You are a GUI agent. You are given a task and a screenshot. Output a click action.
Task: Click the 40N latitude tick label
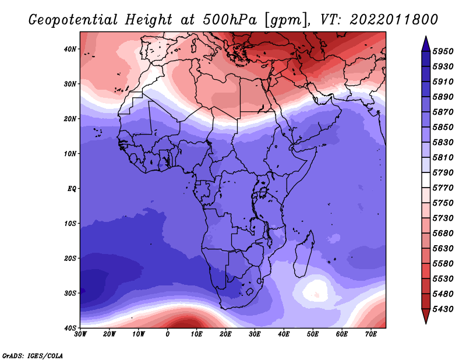[70, 49]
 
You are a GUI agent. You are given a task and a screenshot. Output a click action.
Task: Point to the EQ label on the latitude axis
[72, 189]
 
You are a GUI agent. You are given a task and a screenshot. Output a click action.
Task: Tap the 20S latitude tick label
[70, 258]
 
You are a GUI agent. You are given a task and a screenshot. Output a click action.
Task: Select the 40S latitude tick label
[70, 328]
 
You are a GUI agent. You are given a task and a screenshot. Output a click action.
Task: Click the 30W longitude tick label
[80, 334]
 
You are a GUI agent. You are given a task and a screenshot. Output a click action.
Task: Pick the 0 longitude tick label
[168, 334]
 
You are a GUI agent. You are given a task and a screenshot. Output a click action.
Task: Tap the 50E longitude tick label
[313, 334]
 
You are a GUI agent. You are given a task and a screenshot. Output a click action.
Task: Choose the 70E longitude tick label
[371, 334]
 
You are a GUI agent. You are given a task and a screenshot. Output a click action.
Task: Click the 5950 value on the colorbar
[443, 51]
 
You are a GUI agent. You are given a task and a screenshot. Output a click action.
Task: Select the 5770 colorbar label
[443, 188]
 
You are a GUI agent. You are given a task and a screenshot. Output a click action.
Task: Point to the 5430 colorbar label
[443, 309]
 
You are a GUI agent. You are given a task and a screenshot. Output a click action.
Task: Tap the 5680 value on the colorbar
[443, 234]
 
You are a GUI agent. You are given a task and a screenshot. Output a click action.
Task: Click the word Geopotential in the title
[73, 20]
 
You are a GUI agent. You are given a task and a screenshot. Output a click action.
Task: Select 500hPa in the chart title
[230, 20]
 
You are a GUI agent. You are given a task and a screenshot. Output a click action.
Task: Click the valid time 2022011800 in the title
[394, 20]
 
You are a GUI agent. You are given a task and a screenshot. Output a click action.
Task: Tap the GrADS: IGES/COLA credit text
[33, 356]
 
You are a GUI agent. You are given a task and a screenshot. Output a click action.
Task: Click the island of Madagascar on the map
[304, 256]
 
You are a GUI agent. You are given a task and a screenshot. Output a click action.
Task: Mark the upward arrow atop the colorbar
[426, 44]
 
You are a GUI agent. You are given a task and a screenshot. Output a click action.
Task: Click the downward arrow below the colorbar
[426, 316]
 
